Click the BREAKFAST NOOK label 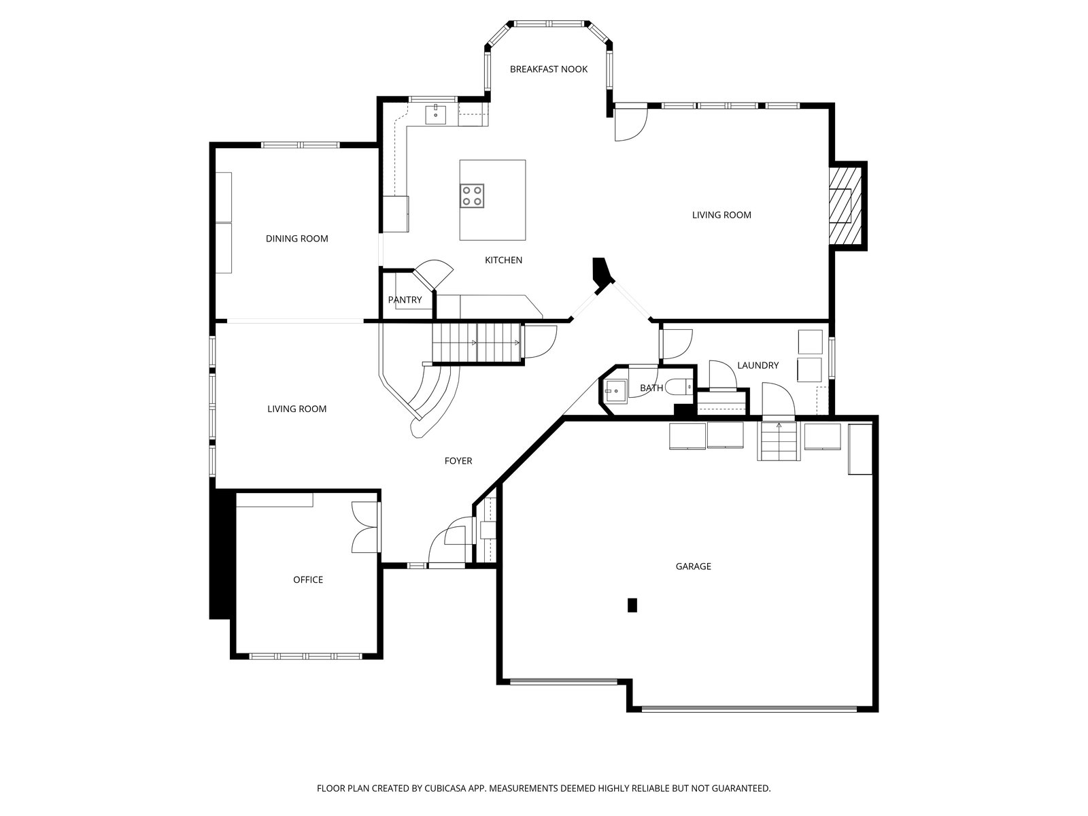point(548,69)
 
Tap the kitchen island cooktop point(471,196)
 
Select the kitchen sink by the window point(436,114)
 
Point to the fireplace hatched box point(845,205)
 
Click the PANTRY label point(405,300)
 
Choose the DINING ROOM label point(296,239)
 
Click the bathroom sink point(613,390)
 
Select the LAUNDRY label point(758,366)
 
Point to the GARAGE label point(693,566)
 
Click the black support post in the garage point(632,605)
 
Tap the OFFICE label point(308,579)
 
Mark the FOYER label point(458,461)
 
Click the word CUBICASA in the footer point(445,788)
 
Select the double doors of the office point(366,527)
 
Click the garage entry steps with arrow point(778,441)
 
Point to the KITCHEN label point(503,260)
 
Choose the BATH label point(651,388)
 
